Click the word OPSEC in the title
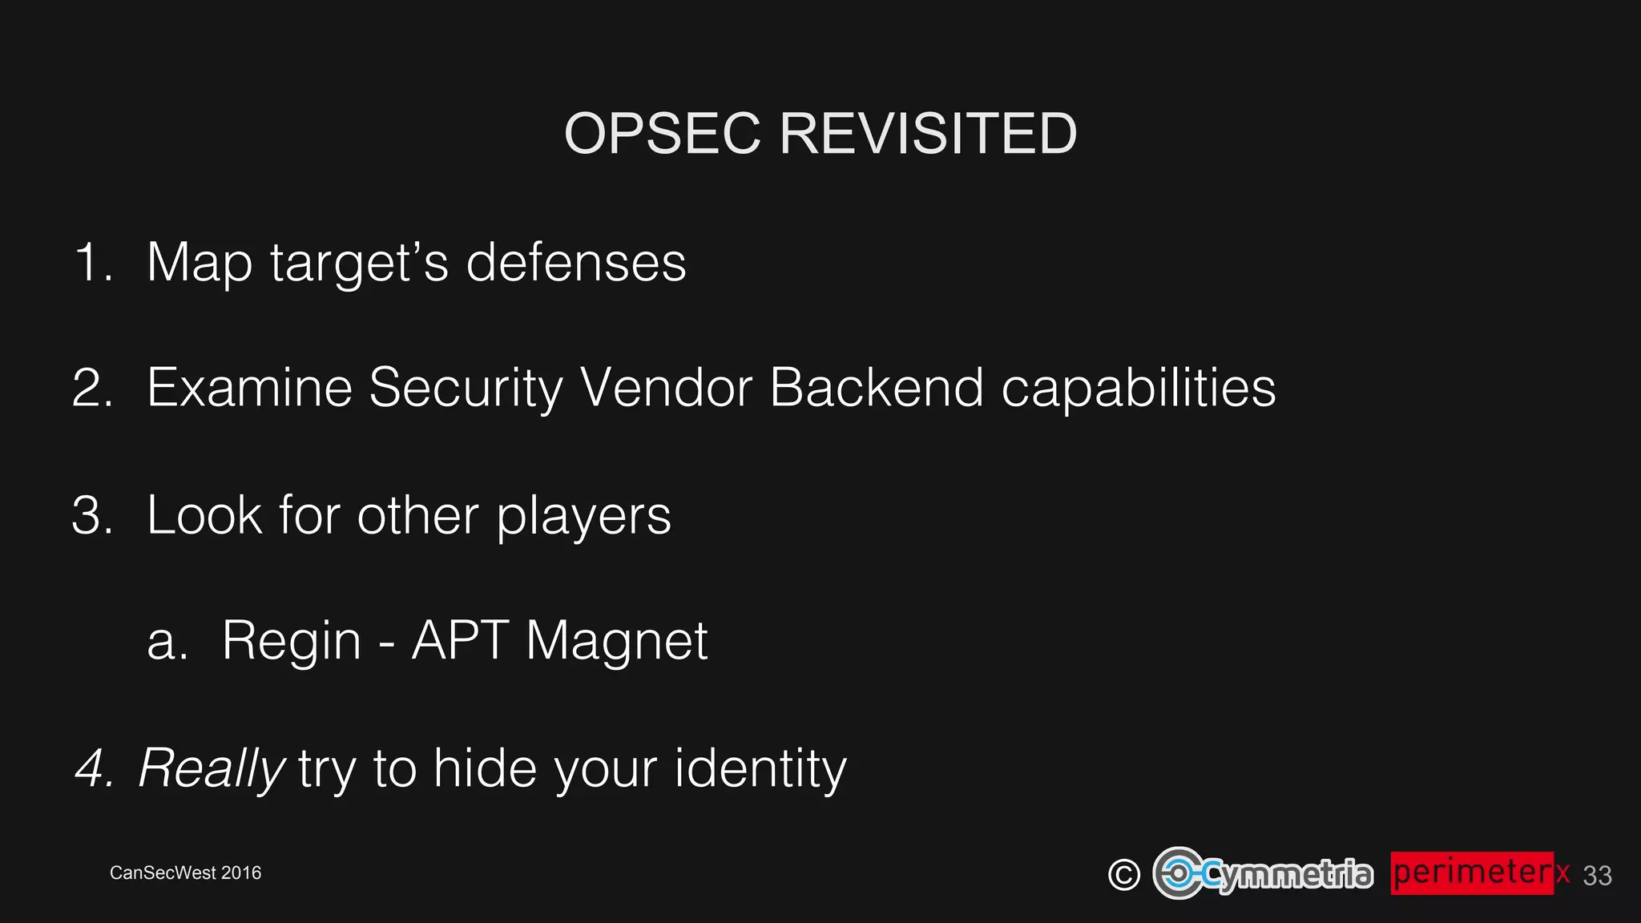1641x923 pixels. click(662, 133)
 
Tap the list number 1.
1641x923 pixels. click(91, 262)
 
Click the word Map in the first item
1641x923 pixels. click(199, 264)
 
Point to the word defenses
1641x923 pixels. click(576, 262)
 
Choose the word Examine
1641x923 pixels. click(249, 388)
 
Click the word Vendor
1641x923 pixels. click(666, 388)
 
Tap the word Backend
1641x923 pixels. click(876, 388)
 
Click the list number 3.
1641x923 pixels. click(91, 515)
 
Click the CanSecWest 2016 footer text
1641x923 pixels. click(185, 873)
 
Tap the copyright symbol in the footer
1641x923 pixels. click(1123, 874)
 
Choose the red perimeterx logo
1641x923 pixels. click(1479, 873)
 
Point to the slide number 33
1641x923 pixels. click(1597, 876)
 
